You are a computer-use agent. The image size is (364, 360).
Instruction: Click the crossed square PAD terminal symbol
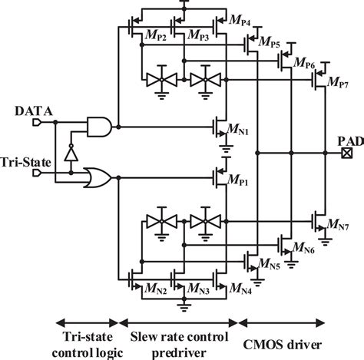coord(348,152)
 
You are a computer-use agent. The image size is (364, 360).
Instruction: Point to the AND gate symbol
coord(100,125)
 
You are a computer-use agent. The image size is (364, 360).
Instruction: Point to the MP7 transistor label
coord(339,81)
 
